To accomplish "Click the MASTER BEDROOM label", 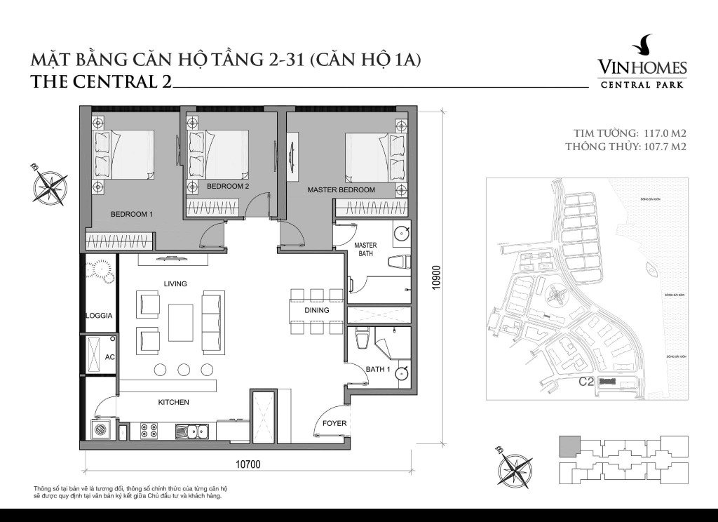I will tap(341, 190).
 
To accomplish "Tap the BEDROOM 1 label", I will tap(131, 214).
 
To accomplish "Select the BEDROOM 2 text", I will tap(228, 186).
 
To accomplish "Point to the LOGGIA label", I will tap(99, 316).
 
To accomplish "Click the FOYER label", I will tap(334, 423).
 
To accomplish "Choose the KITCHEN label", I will tap(173, 402).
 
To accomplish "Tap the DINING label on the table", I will tap(316, 310).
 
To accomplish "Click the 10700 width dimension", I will tap(248, 464).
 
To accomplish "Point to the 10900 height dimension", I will tap(437, 276).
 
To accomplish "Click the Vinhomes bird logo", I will tap(642, 47).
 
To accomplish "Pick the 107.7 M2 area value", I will tap(663, 147).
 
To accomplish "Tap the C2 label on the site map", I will tap(586, 382).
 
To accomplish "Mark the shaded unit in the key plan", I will tap(569, 445).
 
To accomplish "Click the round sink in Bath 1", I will tap(401, 374).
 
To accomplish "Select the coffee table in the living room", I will tap(181, 322).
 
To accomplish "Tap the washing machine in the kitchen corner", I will tap(100, 430).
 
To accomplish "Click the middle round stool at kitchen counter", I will tap(184, 370).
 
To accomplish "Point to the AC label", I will tap(110, 357).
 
